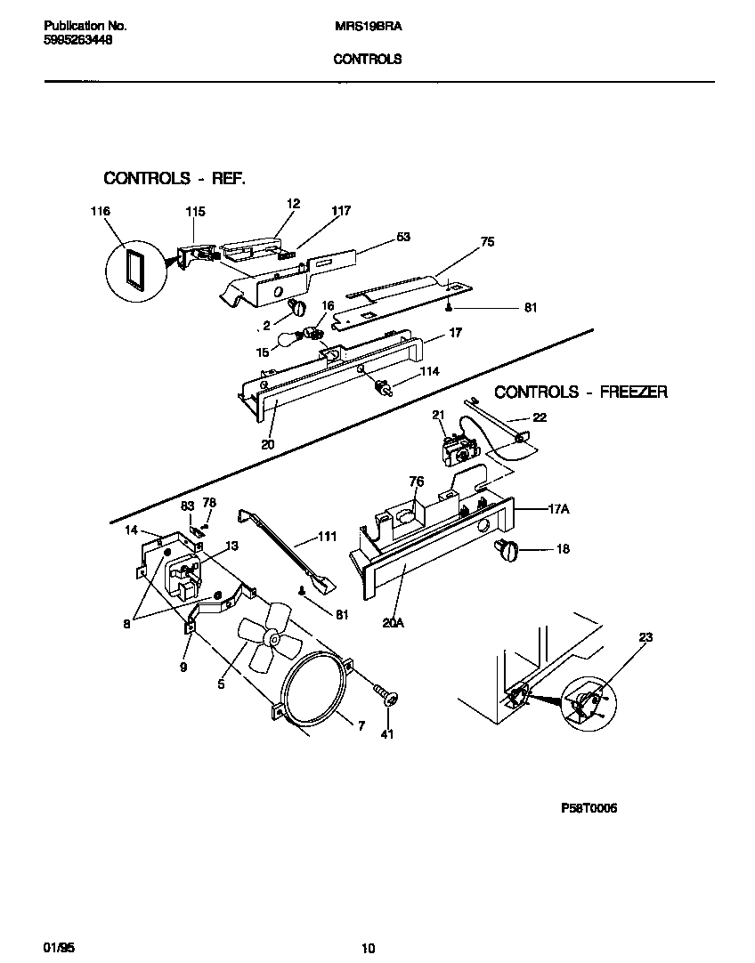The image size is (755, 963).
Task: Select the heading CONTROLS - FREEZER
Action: click(x=580, y=392)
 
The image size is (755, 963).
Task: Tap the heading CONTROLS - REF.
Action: click(x=175, y=178)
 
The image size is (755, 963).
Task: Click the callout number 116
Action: click(x=100, y=212)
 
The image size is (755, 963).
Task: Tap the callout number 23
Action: click(x=645, y=637)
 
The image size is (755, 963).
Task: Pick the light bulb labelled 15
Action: click(x=288, y=339)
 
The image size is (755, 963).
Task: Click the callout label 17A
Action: click(x=558, y=510)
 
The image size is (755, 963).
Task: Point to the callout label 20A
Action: click(x=394, y=623)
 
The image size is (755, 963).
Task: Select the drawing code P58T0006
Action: click(x=589, y=808)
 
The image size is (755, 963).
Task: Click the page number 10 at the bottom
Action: click(x=369, y=949)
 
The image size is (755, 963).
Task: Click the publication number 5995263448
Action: click(x=77, y=41)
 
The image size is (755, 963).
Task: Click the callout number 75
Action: click(x=486, y=241)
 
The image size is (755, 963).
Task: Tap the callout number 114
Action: click(x=430, y=371)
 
